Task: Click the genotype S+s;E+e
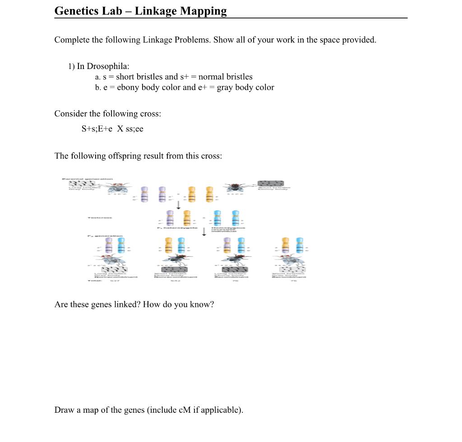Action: [x=97, y=129]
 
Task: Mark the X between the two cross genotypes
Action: [x=120, y=129]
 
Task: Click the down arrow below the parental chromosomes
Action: [x=179, y=205]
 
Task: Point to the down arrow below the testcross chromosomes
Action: [x=204, y=231]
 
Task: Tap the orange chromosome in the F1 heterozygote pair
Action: [x=186, y=218]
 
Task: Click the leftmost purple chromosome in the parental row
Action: [x=144, y=194]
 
